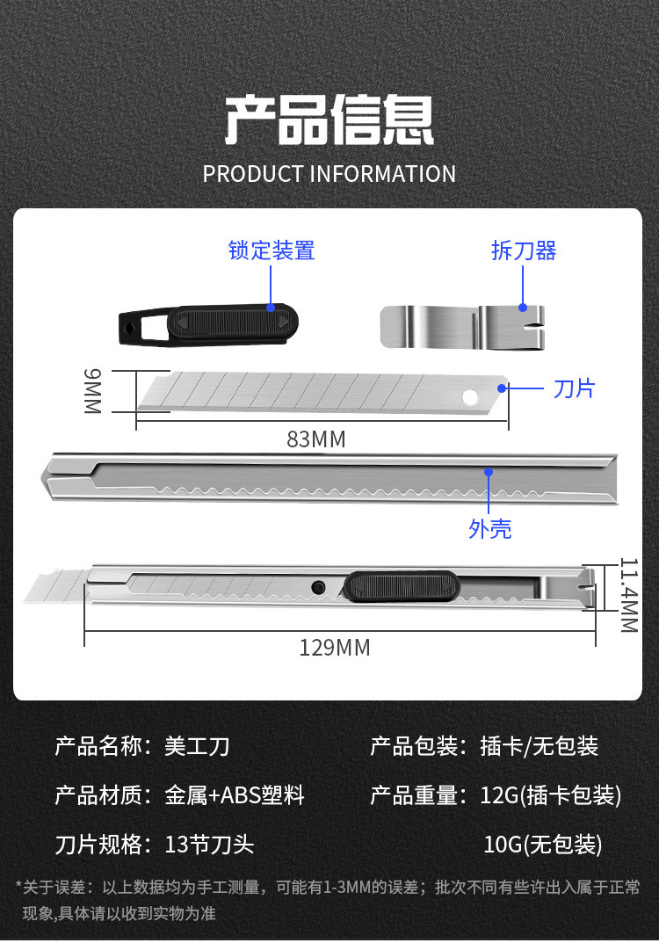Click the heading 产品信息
click(x=329, y=120)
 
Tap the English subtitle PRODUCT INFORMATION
click(x=329, y=174)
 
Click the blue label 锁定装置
click(x=271, y=250)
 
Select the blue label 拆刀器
click(x=524, y=250)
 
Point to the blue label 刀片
click(x=574, y=388)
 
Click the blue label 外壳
click(x=489, y=529)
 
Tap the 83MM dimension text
click(x=316, y=439)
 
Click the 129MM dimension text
click(x=334, y=648)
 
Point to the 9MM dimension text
click(x=93, y=391)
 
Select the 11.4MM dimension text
click(x=627, y=595)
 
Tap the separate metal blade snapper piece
click(x=462, y=325)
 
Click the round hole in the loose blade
click(x=472, y=396)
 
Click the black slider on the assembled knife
click(x=402, y=585)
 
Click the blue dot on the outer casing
click(x=489, y=472)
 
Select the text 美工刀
click(x=197, y=747)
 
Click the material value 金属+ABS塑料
click(x=235, y=796)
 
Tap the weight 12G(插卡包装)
click(x=552, y=796)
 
